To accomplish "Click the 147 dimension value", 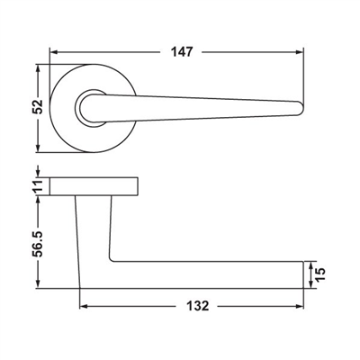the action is [x=182, y=52].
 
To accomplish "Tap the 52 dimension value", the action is [x=38, y=106].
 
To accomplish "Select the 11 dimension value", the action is [x=38, y=186].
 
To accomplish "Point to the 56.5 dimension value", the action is [x=38, y=244].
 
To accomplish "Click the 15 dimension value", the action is [x=320, y=274].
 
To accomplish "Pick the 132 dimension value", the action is [x=197, y=306].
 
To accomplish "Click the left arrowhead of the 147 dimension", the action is [x=54, y=52].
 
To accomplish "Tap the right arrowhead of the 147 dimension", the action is [x=300, y=52].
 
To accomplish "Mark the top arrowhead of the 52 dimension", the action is [x=38, y=68].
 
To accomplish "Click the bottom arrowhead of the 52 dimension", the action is [x=38, y=148].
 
